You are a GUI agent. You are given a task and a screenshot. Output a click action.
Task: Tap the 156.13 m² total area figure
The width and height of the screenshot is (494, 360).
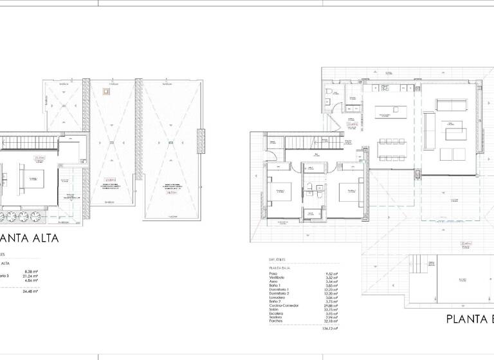tap(329, 328)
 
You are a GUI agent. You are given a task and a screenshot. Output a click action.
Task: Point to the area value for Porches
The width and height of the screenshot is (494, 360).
tap(331, 320)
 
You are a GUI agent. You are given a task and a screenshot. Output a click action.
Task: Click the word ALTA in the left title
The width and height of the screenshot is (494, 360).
tap(39, 239)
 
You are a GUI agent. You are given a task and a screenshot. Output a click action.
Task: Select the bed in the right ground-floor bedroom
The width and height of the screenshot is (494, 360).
tap(347, 191)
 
